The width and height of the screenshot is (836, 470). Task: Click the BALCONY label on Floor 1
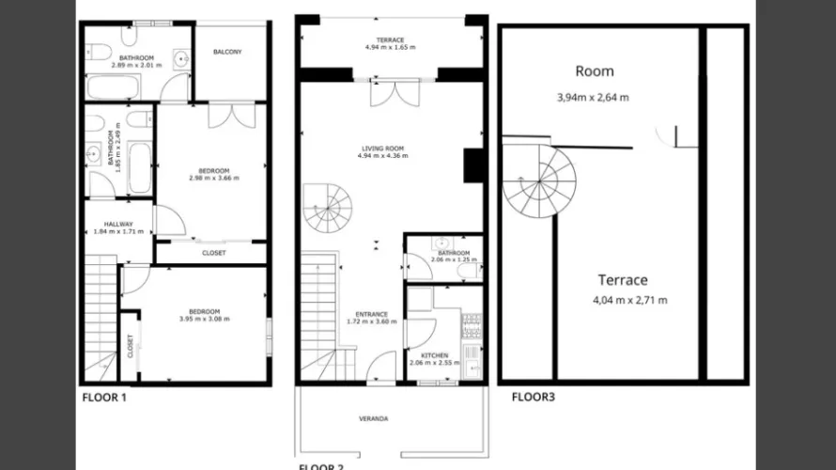click(x=227, y=52)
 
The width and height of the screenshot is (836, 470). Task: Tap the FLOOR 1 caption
click(x=103, y=398)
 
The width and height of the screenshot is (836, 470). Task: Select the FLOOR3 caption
click(x=533, y=398)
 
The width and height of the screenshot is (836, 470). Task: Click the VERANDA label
click(x=374, y=418)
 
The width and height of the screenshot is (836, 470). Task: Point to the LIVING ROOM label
click(x=382, y=149)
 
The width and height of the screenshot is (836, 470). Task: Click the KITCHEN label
click(x=434, y=355)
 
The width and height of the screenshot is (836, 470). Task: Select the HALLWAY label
click(x=118, y=224)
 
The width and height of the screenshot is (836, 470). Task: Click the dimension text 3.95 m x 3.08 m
click(x=204, y=320)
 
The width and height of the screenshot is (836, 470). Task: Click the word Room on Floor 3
click(x=595, y=71)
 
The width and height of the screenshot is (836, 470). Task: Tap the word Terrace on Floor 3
click(x=622, y=280)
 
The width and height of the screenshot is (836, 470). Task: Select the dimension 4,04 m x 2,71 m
click(x=629, y=301)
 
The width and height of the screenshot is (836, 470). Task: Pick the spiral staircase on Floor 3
click(x=538, y=179)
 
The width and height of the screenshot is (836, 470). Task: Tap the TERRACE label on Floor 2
click(x=384, y=39)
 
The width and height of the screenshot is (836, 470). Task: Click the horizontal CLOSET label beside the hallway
click(x=214, y=253)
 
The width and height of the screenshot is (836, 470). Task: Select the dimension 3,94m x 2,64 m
click(x=593, y=97)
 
